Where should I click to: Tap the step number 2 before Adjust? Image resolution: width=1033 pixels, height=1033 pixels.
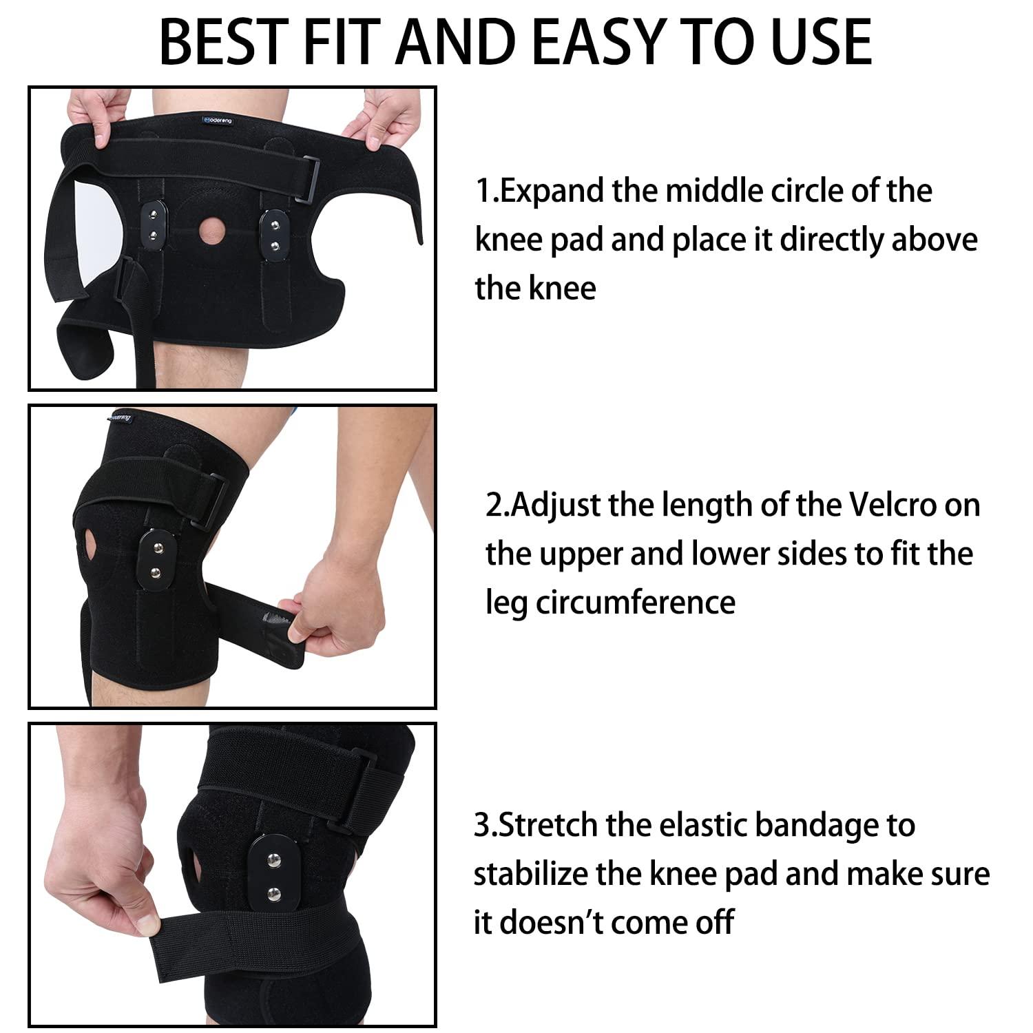(494, 506)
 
